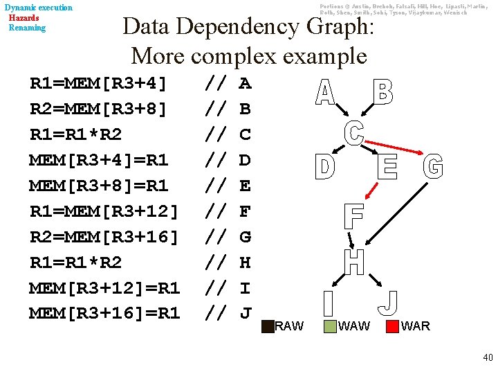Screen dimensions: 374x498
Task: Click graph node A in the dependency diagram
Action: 326,92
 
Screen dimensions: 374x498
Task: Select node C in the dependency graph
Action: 354,132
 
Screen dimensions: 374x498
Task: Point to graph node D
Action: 324,168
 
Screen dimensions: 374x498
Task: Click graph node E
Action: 387,168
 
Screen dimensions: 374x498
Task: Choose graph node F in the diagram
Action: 353,217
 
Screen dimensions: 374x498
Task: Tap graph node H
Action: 354,262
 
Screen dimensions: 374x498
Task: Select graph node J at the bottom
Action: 389,302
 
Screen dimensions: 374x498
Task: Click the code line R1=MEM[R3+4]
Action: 98,84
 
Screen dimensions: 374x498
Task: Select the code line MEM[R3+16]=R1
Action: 104,313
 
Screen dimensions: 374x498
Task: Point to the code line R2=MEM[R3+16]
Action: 104,237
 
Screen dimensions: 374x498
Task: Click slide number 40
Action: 488,357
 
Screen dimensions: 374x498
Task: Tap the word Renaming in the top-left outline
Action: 27,28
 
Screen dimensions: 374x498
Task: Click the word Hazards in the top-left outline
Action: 24,17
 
